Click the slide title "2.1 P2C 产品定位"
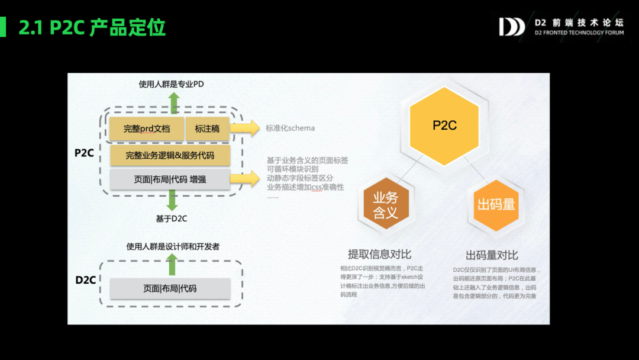pyautogui.click(x=92, y=27)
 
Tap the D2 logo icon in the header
pyautogui.click(x=512, y=27)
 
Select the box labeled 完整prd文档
pyautogui.click(x=147, y=128)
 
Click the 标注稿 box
pyautogui.click(x=207, y=128)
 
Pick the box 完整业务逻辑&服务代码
pyautogui.click(x=170, y=156)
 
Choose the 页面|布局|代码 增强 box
pyautogui.click(x=170, y=179)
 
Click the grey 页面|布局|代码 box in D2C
pyautogui.click(x=170, y=288)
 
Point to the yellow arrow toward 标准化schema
pyautogui.click(x=245, y=128)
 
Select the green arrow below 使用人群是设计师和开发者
pyautogui.click(x=172, y=264)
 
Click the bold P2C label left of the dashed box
pyautogui.click(x=85, y=153)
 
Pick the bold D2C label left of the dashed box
pyautogui.click(x=86, y=280)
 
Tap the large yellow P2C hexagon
pyautogui.click(x=444, y=125)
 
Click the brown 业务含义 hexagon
pyautogui.click(x=385, y=205)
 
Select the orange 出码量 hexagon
pyautogui.click(x=496, y=205)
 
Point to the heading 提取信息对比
pyautogui.click(x=379, y=255)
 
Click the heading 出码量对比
pyautogui.click(x=492, y=255)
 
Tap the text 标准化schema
pyautogui.click(x=290, y=128)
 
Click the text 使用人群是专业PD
pyautogui.click(x=171, y=84)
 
